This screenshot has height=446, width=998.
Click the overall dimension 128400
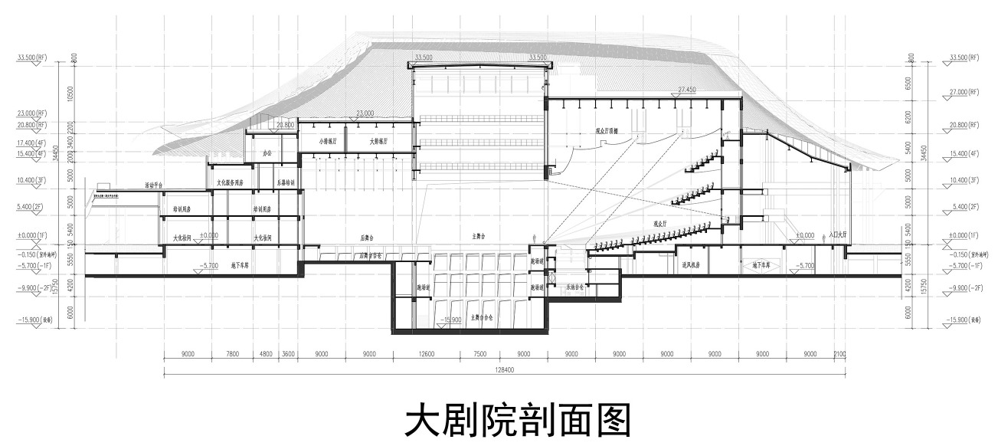pyautogui.click(x=505, y=369)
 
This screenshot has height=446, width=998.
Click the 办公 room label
pyautogui.click(x=267, y=153)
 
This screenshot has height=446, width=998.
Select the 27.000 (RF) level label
pyautogui.click(x=964, y=91)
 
